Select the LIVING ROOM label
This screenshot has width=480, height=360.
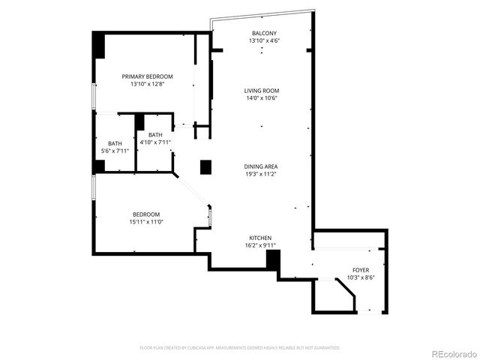262,91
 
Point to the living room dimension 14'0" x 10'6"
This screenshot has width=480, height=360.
262,98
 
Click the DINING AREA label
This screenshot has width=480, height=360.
262,166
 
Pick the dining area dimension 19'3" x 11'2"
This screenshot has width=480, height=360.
262,174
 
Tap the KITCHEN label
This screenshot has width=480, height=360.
261,237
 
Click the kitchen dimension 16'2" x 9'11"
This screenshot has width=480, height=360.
261,245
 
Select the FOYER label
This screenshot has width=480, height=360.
361,269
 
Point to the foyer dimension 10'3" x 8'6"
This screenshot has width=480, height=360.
361,277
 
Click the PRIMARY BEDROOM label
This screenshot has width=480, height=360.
148,76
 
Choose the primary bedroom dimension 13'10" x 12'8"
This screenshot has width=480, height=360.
148,84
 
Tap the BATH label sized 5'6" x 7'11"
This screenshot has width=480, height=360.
115,143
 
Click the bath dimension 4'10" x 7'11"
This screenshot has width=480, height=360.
155,142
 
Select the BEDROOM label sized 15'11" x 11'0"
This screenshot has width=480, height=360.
145,214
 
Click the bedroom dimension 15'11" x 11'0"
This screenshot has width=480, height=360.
145,222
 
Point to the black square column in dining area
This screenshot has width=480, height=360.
205,166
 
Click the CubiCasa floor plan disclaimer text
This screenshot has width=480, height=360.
240,348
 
